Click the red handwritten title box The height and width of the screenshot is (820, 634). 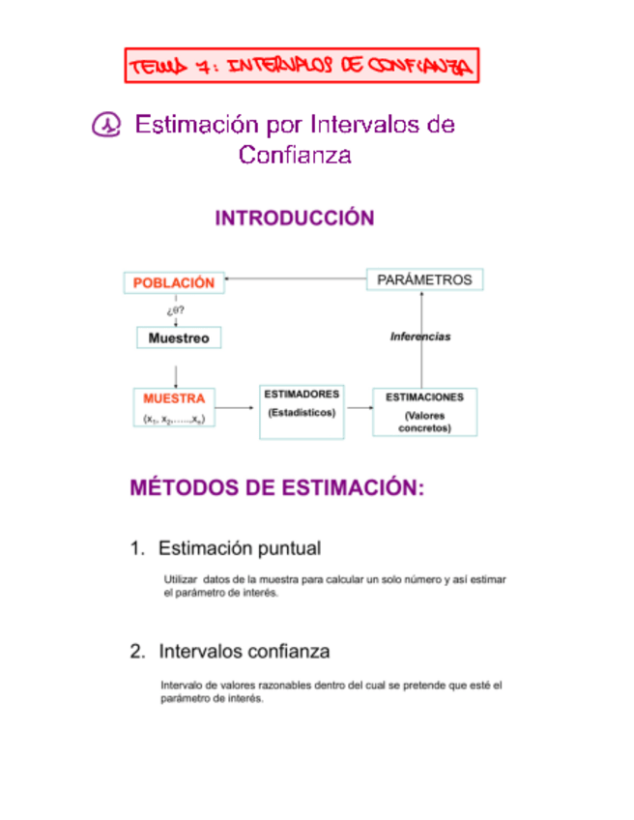coord(303,66)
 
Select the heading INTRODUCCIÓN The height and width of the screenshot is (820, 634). coord(294,219)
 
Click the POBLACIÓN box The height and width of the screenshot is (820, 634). coord(173,282)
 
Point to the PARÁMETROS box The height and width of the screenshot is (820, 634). coord(423,279)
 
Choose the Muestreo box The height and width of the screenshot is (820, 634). coord(179,337)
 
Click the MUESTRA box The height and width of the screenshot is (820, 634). coord(174,407)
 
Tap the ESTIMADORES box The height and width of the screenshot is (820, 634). coord(301,411)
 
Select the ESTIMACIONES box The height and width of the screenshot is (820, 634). coord(424,411)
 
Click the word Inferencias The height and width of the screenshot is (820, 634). coord(420,337)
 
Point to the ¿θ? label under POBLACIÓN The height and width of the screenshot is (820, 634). coord(174,310)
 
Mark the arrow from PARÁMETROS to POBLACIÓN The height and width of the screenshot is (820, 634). coord(295,280)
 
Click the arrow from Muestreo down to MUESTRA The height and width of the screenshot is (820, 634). coord(175,372)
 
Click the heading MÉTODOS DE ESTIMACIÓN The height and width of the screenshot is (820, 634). coord(277,488)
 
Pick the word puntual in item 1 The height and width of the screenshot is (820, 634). coord(287,548)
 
